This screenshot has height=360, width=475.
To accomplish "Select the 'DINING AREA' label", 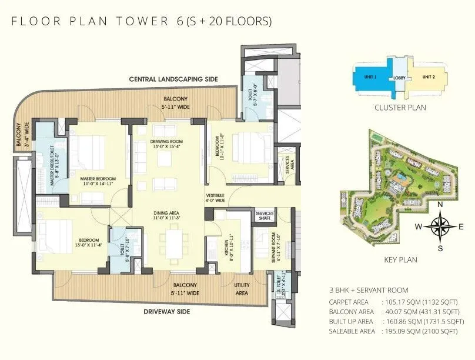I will click(x=166, y=215).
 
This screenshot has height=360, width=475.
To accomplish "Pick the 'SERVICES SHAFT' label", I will click(x=266, y=215).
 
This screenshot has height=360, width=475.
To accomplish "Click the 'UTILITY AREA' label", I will click(x=242, y=288).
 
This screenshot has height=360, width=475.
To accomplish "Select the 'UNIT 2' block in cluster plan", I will click(x=429, y=77).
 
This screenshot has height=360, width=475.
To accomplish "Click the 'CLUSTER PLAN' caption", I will click(x=400, y=108).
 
